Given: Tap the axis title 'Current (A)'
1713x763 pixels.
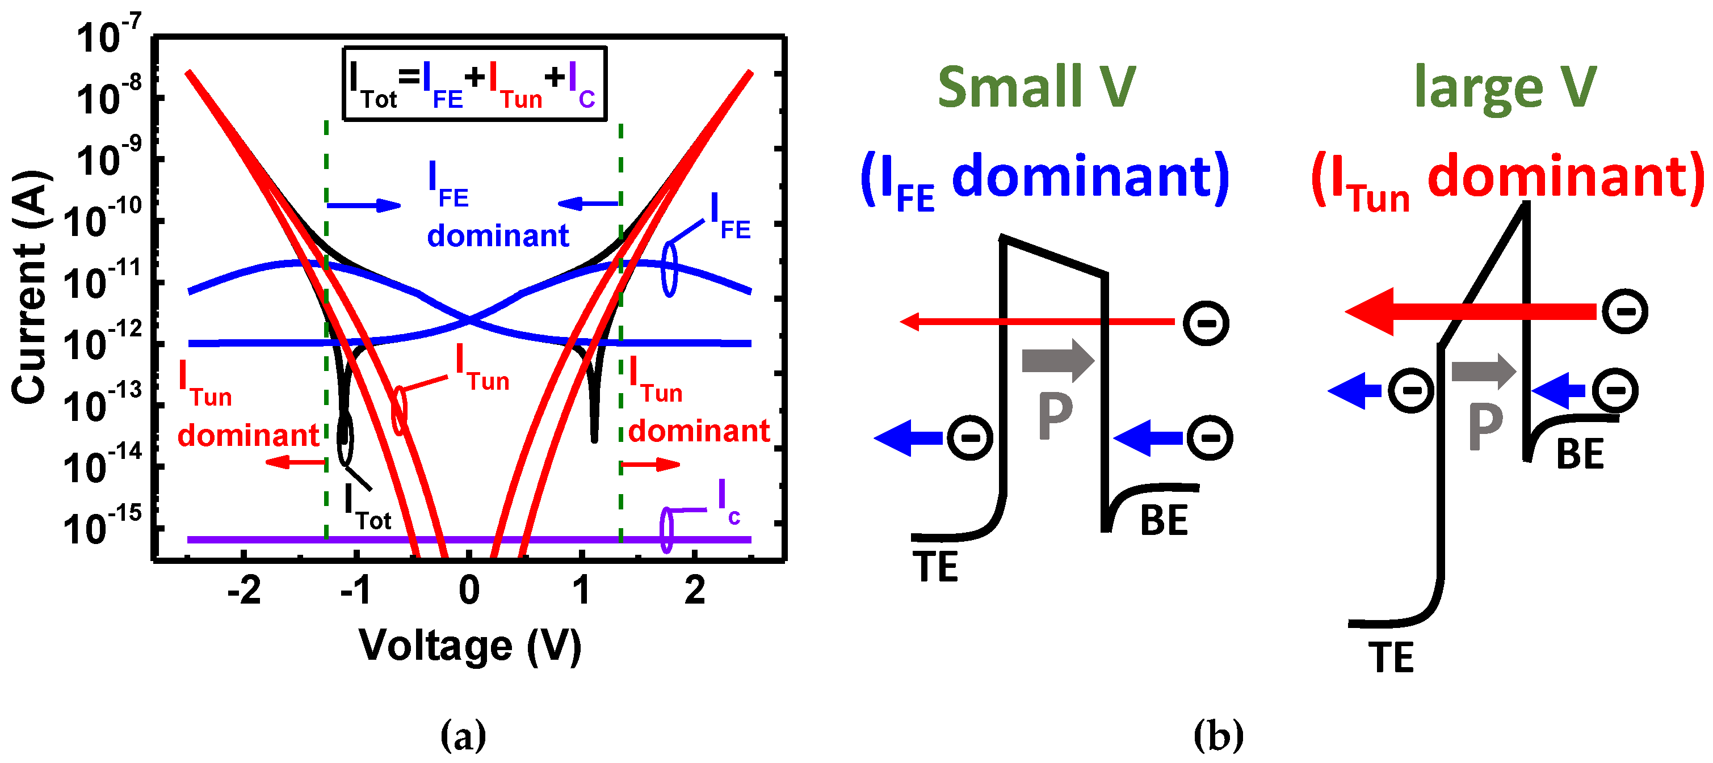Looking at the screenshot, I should pyautogui.click(x=30, y=286).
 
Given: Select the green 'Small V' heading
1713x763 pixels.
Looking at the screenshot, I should pyautogui.click(x=1036, y=87).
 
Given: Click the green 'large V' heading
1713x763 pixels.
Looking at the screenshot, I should pyautogui.click(x=1505, y=87).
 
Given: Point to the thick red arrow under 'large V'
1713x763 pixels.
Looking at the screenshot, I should pyautogui.click(x=1470, y=311).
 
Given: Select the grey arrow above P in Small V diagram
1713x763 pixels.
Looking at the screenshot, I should pyautogui.click(x=1057, y=360).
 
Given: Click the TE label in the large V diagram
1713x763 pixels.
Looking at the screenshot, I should pyautogui.click(x=1391, y=659).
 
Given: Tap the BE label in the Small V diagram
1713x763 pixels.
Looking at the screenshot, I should pyautogui.click(x=1164, y=520).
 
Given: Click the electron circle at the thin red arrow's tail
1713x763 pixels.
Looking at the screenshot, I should pyautogui.click(x=1206, y=323).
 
